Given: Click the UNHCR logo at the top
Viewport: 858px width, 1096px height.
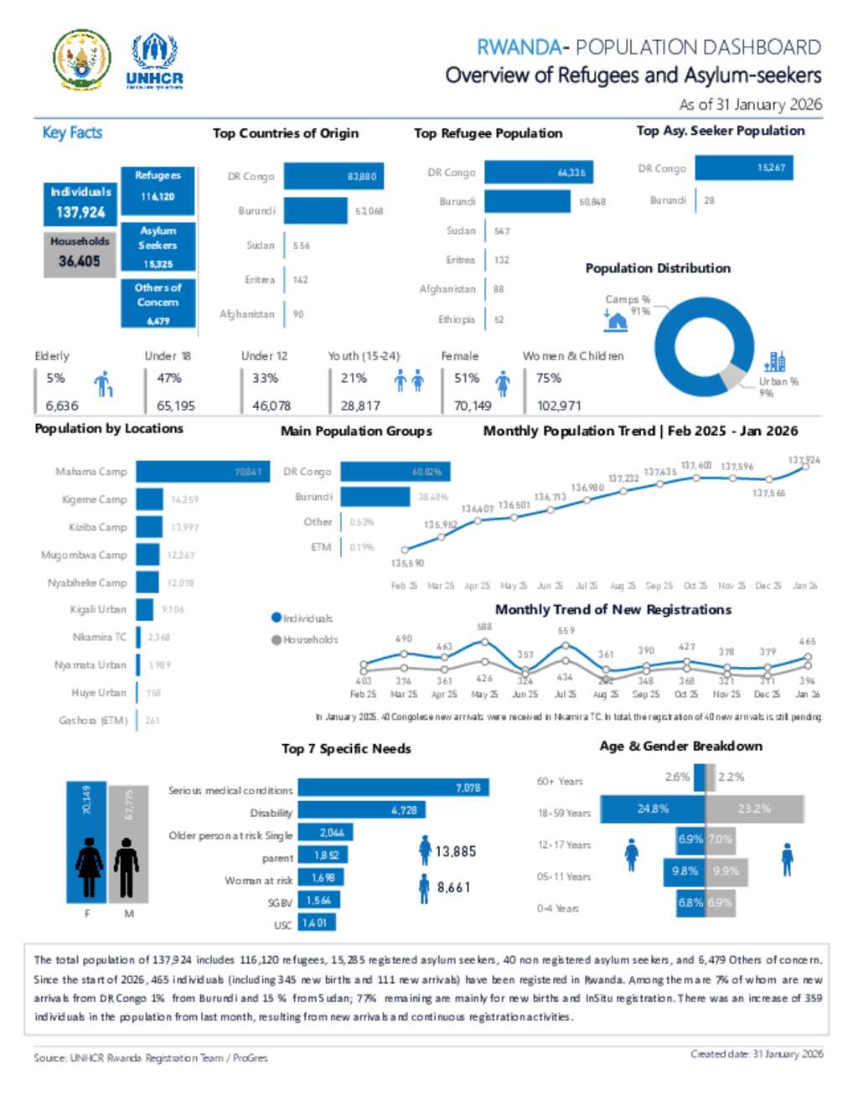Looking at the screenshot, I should coord(154,61).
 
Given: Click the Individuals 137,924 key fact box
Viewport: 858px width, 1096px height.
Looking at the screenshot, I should coord(80,203).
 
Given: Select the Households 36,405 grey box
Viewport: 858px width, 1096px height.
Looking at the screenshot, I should coord(80,252).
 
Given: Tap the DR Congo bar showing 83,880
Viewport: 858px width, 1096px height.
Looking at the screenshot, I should coord(331,176).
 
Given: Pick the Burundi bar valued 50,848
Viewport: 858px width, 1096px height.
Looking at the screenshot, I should coord(527,202).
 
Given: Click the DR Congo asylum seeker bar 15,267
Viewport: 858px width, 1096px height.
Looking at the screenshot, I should coord(742,168).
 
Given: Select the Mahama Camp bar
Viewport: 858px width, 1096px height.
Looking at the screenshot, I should coord(202,472).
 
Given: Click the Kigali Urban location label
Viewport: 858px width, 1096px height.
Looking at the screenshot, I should coord(98,609).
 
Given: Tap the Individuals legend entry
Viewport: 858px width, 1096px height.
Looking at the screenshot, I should coord(302,618).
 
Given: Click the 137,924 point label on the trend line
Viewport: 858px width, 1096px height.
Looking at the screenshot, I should coord(804,460).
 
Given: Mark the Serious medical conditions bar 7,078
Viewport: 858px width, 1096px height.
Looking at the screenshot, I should coord(393,788).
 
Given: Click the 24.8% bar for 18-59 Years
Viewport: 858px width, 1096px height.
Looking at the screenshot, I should coord(653,809).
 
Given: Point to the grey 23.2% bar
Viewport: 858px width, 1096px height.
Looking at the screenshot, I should coord(754,809).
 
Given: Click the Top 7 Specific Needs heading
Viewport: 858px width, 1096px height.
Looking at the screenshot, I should coord(346,748).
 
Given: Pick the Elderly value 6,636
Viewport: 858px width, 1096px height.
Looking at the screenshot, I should coord(62,406).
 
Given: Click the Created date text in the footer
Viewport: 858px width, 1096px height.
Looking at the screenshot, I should coord(756,1054).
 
